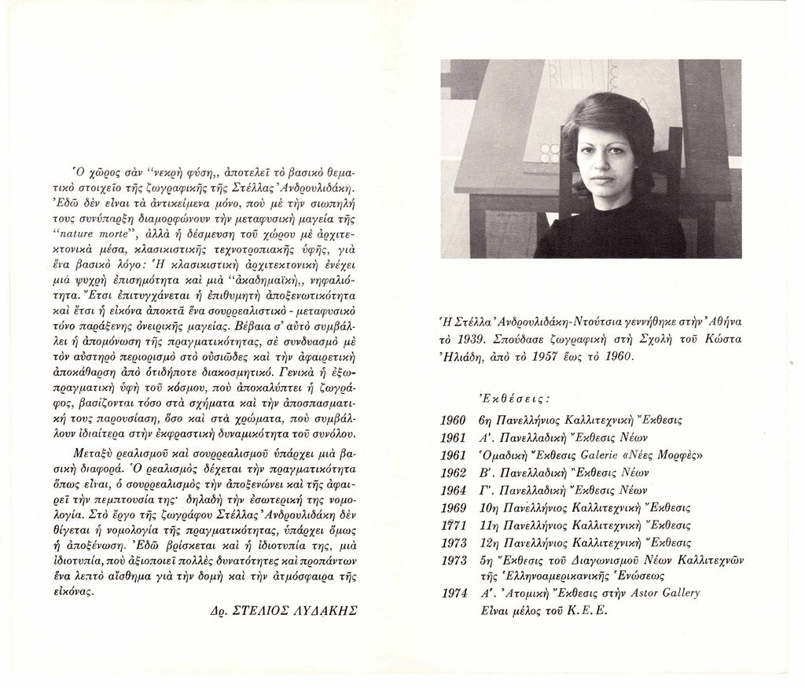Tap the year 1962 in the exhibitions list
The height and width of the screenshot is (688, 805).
[x=454, y=473]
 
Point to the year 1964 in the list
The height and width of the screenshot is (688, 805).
[x=454, y=490]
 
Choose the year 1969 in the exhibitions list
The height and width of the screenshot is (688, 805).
[x=454, y=507]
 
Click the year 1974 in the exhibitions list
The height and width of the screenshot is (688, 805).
[x=454, y=593]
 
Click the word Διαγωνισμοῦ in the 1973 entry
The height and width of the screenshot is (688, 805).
[x=605, y=559]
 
